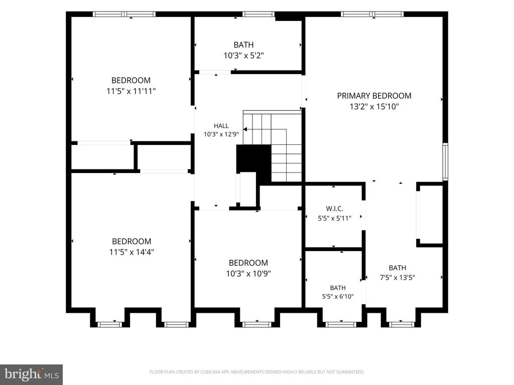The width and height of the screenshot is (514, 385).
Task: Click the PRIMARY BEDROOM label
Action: coord(374,96)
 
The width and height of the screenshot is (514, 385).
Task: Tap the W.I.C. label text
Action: coord(334,209)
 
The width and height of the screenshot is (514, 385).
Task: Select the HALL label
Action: coord(221,126)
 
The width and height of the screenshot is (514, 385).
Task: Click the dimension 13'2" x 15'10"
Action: coord(374,106)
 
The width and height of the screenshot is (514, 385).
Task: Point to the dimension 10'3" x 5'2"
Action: coord(243,55)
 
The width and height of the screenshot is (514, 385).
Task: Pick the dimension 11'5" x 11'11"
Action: coord(131,91)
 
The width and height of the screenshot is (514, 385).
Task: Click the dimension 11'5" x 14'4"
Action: coord(132,252)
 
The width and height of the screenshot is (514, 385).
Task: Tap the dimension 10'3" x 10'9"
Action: coord(248,273)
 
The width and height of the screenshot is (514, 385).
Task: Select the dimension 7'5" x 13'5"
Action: coord(398,278)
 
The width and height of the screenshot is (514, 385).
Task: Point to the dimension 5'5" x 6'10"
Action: coord(338,297)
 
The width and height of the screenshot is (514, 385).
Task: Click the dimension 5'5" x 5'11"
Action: coord(334,218)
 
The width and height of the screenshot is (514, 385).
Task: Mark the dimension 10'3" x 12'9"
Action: coord(221,134)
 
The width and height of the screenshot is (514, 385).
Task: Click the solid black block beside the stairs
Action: coord(254,161)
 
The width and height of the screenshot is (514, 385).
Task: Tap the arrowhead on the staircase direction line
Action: coord(245,129)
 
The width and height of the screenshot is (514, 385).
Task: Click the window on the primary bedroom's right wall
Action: coord(445,161)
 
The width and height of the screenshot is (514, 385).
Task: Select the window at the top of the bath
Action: coord(258,14)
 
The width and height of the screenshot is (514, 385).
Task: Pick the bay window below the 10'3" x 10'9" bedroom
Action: coord(256,324)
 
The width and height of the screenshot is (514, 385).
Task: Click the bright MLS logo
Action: coord(32,374)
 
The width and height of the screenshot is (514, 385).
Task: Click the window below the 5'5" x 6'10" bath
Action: coord(341,324)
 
